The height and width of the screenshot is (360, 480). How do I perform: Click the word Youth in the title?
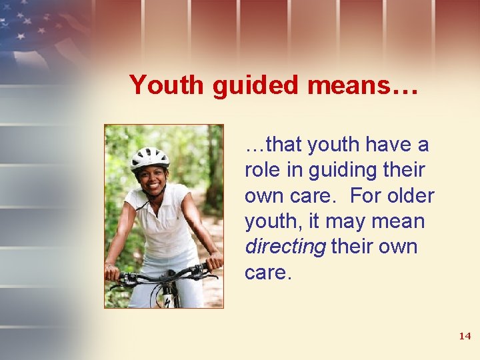[x=167, y=85]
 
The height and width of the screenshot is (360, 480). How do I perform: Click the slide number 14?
[x=465, y=336]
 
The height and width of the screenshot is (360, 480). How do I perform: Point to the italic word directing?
[x=285, y=247]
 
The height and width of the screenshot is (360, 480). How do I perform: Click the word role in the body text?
[x=262, y=170]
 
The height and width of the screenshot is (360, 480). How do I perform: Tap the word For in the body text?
[x=365, y=196]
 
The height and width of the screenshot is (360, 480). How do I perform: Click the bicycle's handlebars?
[x=163, y=273]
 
